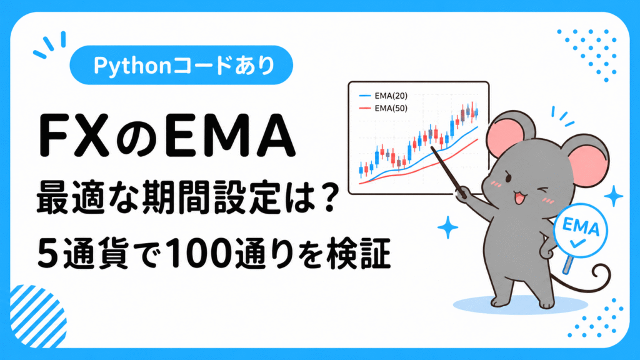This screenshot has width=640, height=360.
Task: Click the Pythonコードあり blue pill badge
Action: [x=181, y=65]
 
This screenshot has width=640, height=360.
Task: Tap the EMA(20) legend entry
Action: [x=383, y=96]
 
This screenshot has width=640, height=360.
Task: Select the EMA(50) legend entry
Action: [x=383, y=108]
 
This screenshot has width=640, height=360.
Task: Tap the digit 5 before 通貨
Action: [x=47, y=253]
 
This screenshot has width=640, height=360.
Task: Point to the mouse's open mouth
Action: [x=519, y=199]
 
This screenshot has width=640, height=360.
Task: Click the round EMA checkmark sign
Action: [x=581, y=231]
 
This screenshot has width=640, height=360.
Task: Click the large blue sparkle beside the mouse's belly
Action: [x=447, y=227]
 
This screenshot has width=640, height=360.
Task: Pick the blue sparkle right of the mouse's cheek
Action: [x=614, y=196]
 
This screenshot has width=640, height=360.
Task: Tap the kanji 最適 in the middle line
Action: [x=70, y=198]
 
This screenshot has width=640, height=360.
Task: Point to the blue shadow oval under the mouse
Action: [x=521, y=304]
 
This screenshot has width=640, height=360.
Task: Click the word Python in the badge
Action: [x=132, y=65]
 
